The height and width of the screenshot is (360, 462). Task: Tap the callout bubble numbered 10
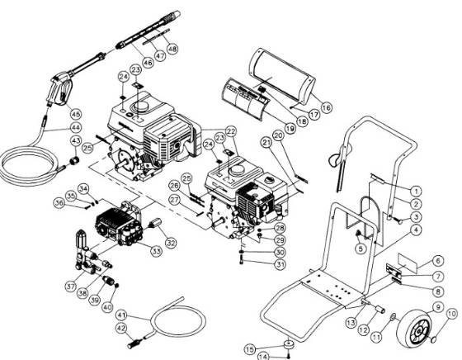[x=451, y=313]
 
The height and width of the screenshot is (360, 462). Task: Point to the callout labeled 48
[x=172, y=48]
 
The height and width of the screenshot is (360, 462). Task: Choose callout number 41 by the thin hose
[x=121, y=315]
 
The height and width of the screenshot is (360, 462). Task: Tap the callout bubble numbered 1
[x=417, y=190]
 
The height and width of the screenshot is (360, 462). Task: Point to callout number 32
[x=172, y=243]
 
